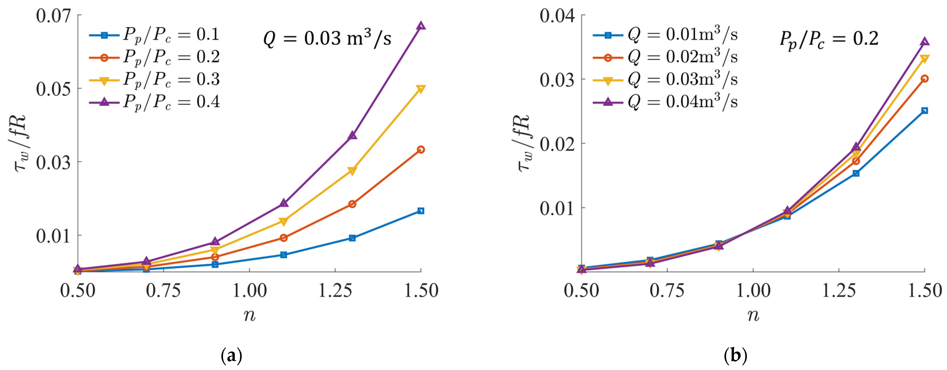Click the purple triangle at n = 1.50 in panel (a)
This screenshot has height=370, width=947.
[x=421, y=26]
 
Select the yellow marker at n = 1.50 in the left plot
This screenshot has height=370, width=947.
[x=421, y=89]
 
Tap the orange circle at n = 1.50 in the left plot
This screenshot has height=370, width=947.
[x=421, y=149]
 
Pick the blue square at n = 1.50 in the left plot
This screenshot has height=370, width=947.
[x=421, y=211]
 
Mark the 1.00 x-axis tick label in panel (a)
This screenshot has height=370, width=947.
[x=249, y=290]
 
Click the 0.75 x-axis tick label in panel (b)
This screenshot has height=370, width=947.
[x=667, y=290]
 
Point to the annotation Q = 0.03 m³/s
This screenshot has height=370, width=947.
[x=327, y=39]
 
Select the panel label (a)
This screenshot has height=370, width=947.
[x=232, y=356]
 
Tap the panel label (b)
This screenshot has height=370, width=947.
[x=735, y=356]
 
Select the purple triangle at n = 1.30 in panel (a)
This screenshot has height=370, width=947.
[x=352, y=135]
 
